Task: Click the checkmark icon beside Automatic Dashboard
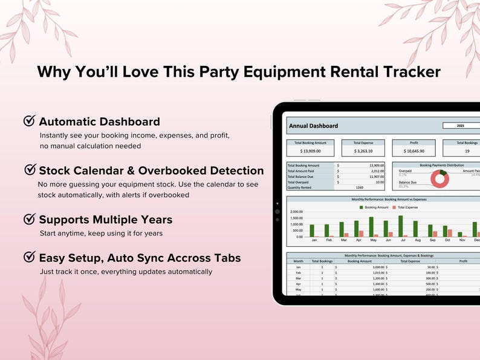[29, 121]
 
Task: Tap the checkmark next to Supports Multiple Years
[29, 219]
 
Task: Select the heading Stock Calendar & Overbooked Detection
[151, 171]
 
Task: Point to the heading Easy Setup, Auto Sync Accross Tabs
[140, 258]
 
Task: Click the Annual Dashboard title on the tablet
[314, 126]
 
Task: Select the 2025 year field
[461, 126]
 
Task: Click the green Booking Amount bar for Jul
[400, 226]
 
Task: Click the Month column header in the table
[298, 261]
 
